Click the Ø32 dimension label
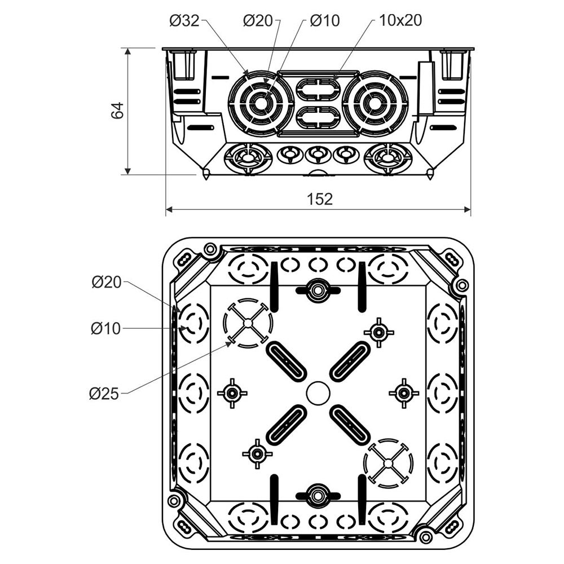point(184,20)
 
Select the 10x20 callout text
point(400,20)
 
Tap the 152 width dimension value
point(320,199)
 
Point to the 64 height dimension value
point(117,111)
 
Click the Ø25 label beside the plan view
point(104,394)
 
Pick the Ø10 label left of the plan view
point(106,328)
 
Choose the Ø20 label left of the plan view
point(107,282)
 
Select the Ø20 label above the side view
point(258,20)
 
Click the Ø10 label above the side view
point(325,20)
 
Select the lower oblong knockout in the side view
point(318,117)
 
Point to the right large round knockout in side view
point(375,104)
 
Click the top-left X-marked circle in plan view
point(248,323)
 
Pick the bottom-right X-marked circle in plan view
point(389,463)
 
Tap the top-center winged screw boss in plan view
point(318,289)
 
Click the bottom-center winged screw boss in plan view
point(318,495)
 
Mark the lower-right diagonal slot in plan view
point(350,425)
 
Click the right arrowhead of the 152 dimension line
point(468,209)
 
